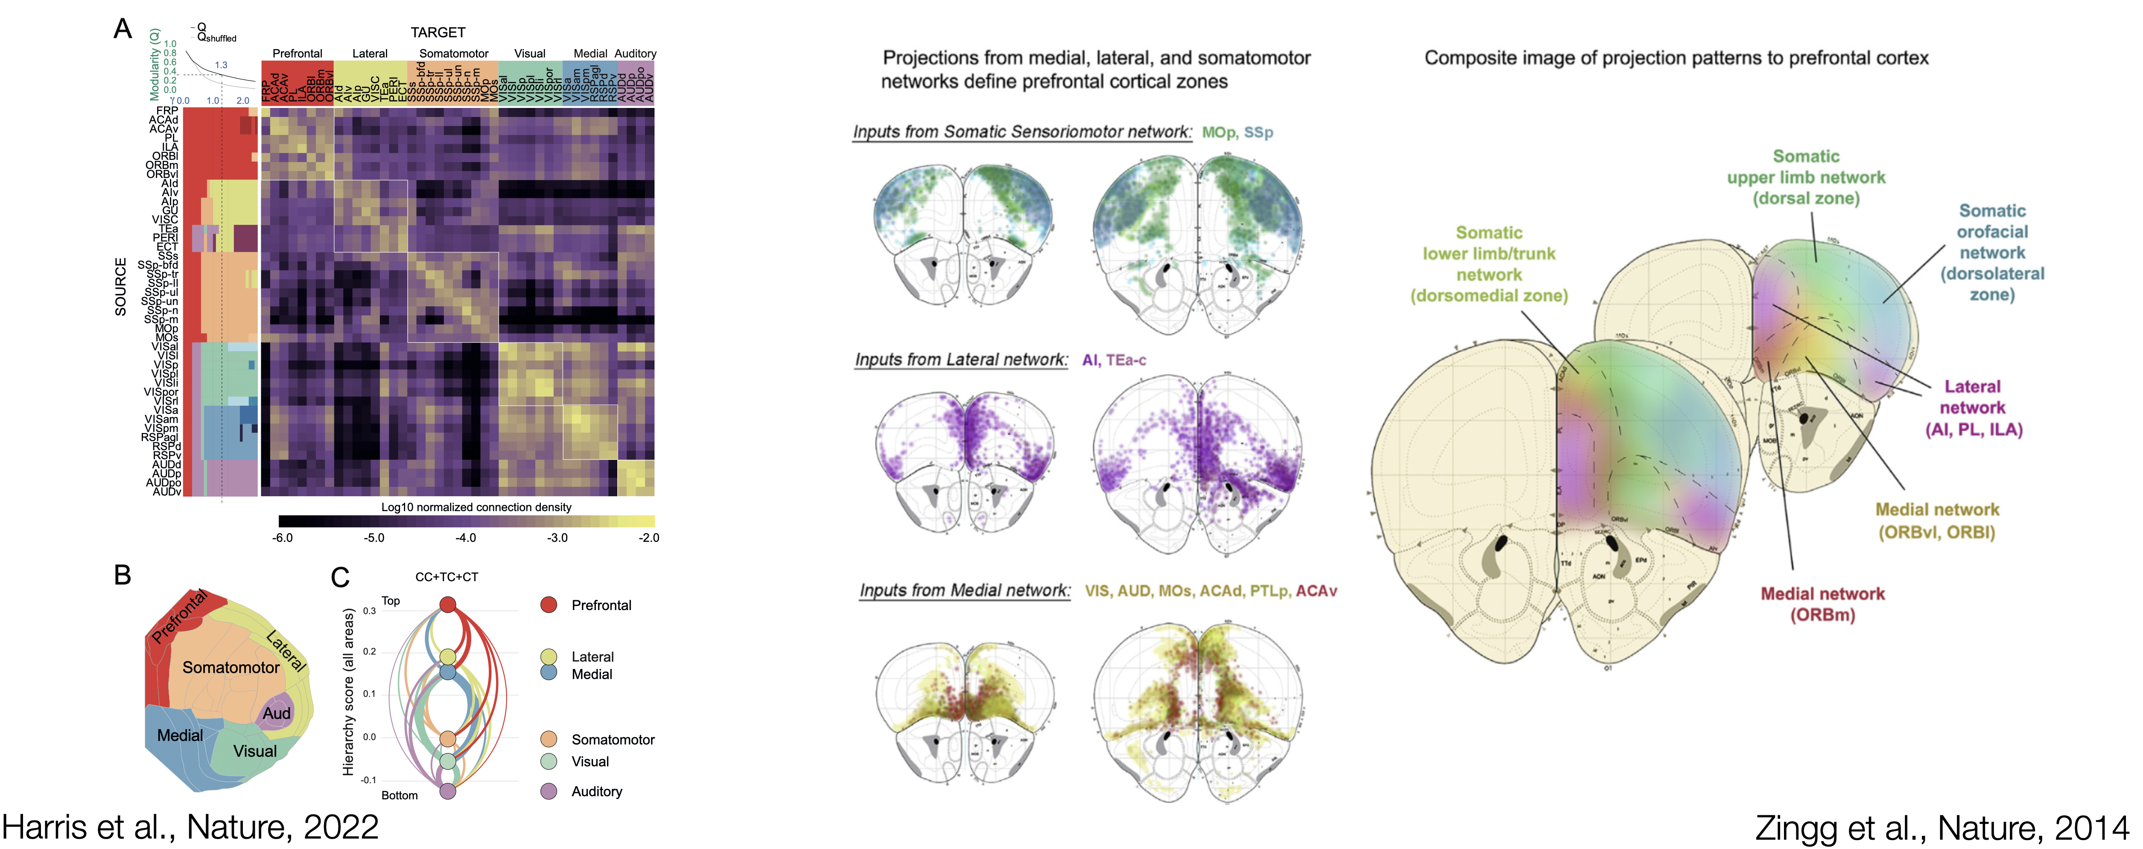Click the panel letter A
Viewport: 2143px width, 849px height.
(x=122, y=29)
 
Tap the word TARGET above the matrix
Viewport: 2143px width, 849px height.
(x=438, y=32)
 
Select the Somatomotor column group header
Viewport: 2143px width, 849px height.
(x=453, y=53)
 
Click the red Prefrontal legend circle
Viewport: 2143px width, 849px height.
(x=548, y=605)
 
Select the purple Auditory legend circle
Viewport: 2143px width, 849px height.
(x=548, y=791)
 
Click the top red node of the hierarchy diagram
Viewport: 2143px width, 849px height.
(x=447, y=604)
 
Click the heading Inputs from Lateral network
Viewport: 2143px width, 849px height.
(x=961, y=360)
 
